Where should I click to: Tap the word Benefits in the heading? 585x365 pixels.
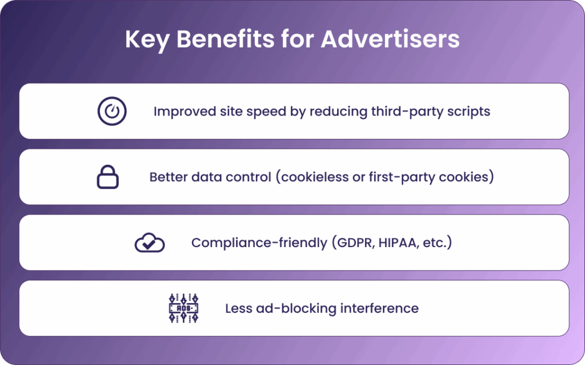(x=225, y=39)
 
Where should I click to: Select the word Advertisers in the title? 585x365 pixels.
(x=390, y=39)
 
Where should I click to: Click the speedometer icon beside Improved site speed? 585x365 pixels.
(x=112, y=111)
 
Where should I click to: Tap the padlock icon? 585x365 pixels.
(x=108, y=177)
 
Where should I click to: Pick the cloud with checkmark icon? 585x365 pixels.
(x=150, y=243)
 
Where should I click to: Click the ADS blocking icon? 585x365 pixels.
(x=183, y=308)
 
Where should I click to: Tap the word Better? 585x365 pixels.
(x=169, y=177)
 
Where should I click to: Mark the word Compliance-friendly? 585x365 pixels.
(x=259, y=243)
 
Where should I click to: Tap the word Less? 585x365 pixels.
(x=238, y=308)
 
